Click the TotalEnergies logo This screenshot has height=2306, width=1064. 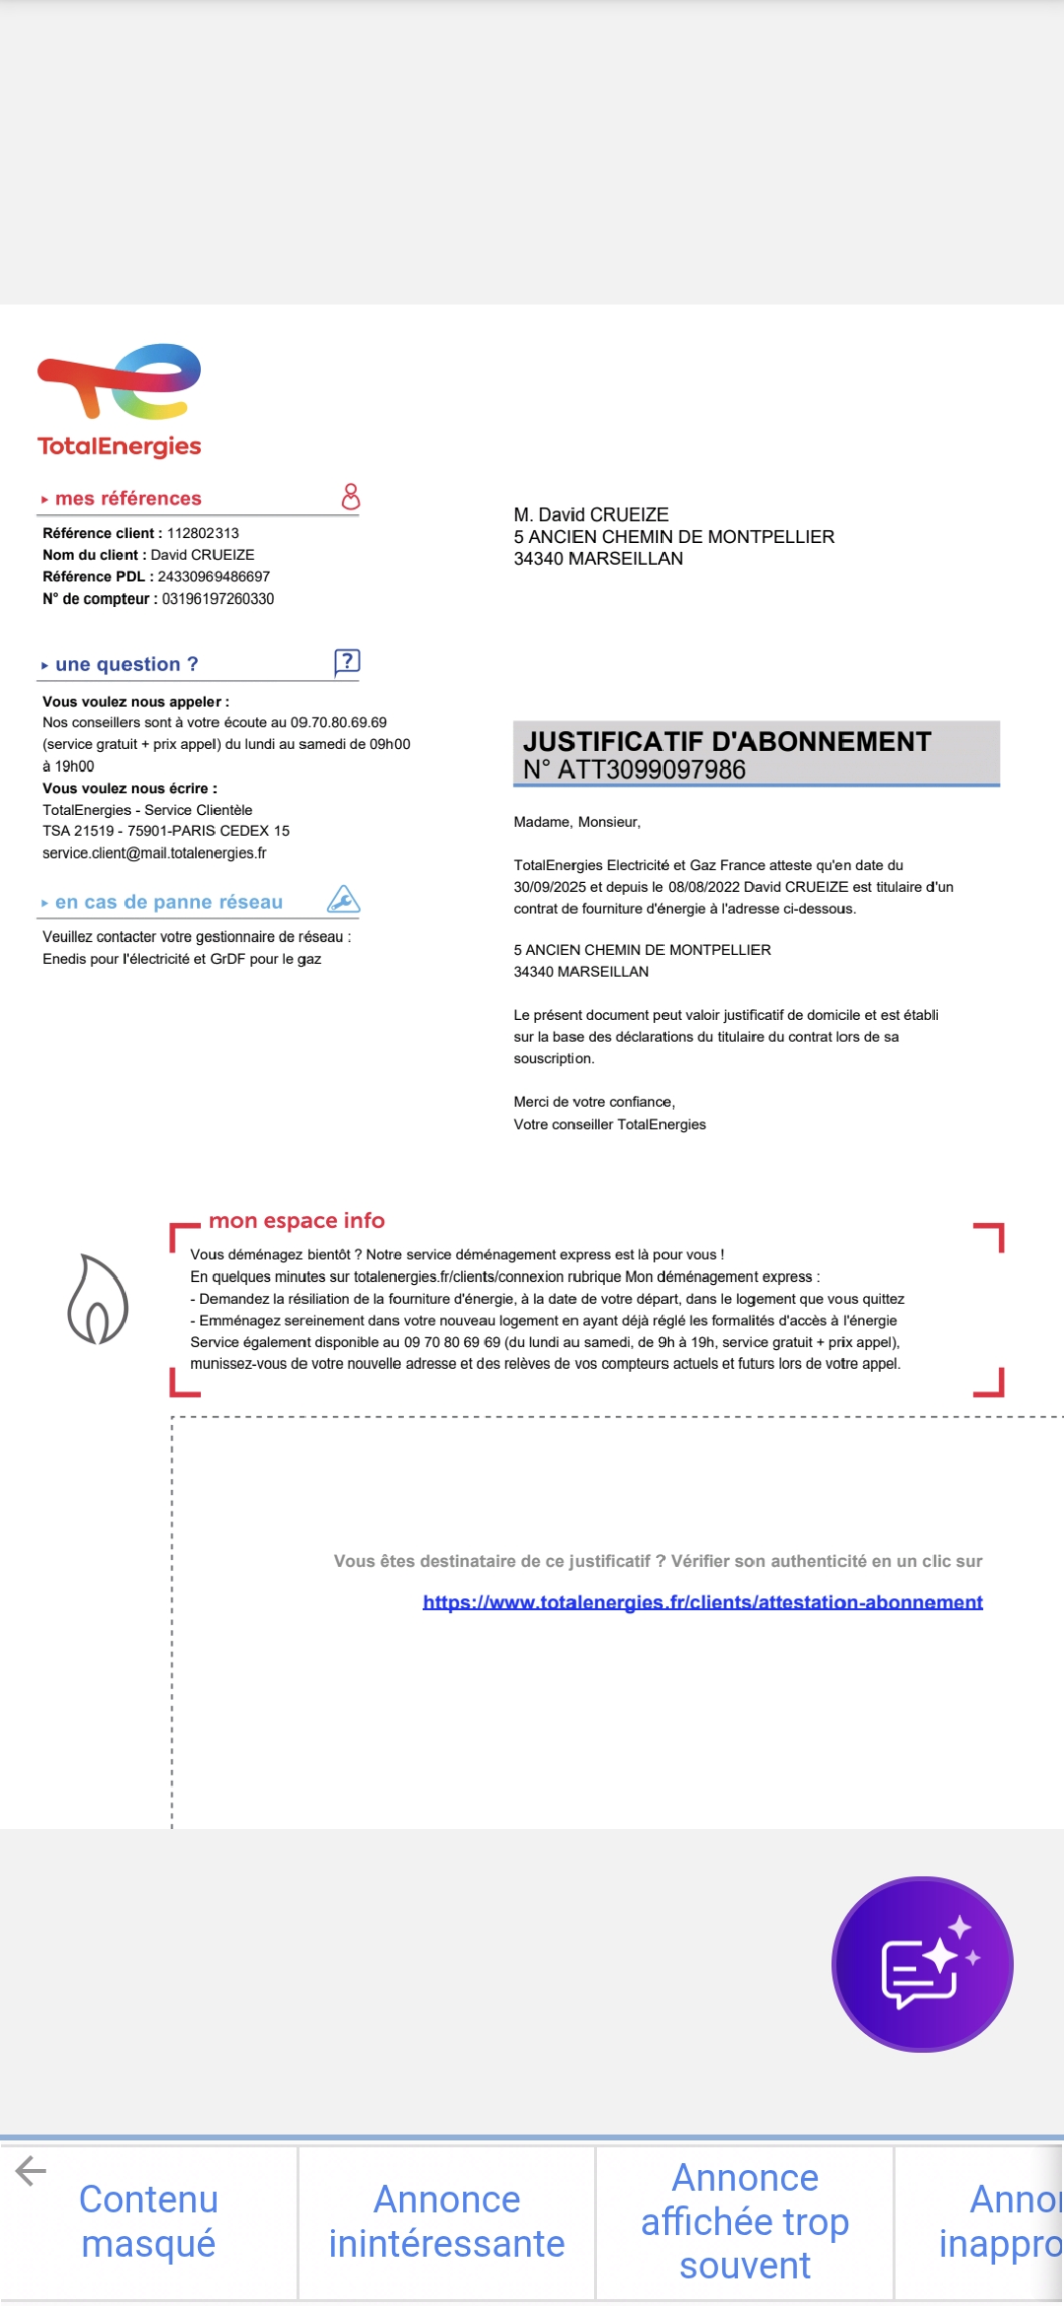[119, 400]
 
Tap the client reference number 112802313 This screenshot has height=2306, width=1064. [203, 533]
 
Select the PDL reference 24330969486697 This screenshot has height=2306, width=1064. [214, 576]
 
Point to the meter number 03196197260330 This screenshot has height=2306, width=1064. [218, 599]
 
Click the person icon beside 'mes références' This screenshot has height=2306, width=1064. [350, 497]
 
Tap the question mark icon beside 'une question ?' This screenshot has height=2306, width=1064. [347, 662]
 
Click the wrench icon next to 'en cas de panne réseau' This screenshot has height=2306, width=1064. [343, 899]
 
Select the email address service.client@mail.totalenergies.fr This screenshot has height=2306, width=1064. [154, 853]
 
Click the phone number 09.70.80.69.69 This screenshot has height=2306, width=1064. [338, 722]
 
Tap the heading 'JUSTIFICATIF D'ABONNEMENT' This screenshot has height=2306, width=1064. [727, 741]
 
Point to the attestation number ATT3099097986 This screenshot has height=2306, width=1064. [651, 770]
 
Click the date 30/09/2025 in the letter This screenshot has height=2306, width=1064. [550, 887]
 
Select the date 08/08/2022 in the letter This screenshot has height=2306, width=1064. [703, 887]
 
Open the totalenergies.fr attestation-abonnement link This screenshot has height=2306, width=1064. [702, 1602]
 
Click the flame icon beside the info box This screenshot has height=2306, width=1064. [98, 1299]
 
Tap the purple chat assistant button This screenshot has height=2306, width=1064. [922, 1964]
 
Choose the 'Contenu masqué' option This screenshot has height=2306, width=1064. [148, 2221]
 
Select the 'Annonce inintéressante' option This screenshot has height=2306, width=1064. [446, 2221]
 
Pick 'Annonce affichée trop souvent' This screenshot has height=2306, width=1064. [745, 2221]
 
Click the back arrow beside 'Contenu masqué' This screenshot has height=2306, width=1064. [31, 2170]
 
